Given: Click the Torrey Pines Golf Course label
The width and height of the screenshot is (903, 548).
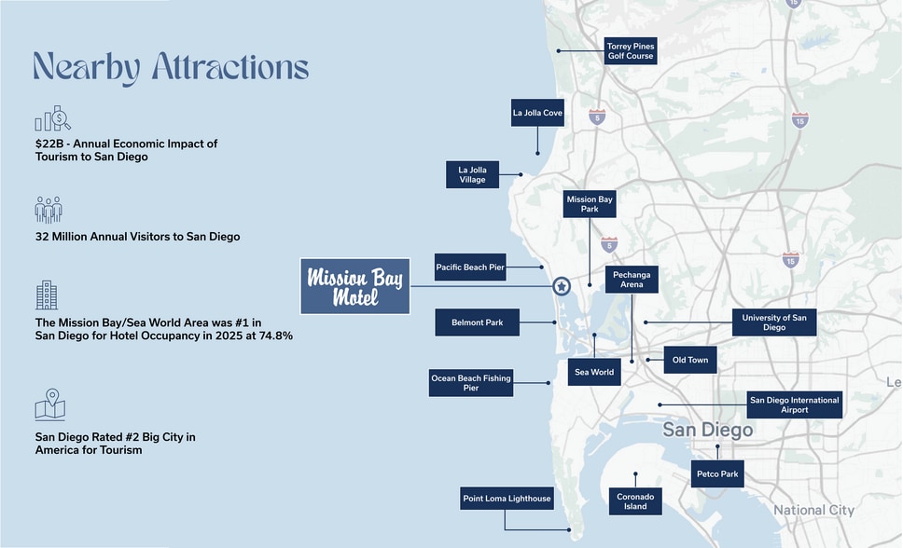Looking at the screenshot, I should pyautogui.click(x=631, y=50).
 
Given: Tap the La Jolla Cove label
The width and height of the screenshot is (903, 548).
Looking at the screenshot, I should pyautogui.click(x=537, y=113).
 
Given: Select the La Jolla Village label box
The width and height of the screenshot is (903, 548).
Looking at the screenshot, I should pyautogui.click(x=472, y=174).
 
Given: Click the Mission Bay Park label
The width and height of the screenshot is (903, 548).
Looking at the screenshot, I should pyautogui.click(x=590, y=204).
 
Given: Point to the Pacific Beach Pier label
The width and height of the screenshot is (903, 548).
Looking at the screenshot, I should pyautogui.click(x=470, y=267).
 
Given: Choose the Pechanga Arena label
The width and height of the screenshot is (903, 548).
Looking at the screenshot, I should pyautogui.click(x=632, y=280).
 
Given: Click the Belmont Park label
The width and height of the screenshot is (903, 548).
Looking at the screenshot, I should pyautogui.click(x=477, y=322).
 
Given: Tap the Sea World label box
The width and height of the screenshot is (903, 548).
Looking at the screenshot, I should pyautogui.click(x=594, y=372).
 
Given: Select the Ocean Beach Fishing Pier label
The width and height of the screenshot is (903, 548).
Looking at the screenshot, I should pyautogui.click(x=471, y=383).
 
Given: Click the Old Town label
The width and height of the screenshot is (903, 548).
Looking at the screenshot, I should pyautogui.click(x=690, y=360).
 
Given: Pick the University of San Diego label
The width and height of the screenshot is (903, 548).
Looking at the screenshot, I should pyautogui.click(x=774, y=322).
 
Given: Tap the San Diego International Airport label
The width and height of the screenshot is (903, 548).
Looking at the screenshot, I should pyautogui.click(x=795, y=404).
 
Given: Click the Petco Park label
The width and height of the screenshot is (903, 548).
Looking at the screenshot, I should pyautogui.click(x=716, y=474).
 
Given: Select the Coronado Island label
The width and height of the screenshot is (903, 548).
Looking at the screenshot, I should pyautogui.click(x=634, y=501).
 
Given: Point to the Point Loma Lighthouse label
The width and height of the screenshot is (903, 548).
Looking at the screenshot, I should pyautogui.click(x=507, y=499).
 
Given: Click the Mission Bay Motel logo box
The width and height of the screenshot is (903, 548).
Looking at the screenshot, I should pyautogui.click(x=355, y=286).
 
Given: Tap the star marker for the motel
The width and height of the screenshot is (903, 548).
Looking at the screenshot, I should pyautogui.click(x=561, y=286).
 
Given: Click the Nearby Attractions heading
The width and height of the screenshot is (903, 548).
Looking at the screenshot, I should pyautogui.click(x=171, y=68).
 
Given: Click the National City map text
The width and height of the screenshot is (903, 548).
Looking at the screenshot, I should pyautogui.click(x=813, y=510).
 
